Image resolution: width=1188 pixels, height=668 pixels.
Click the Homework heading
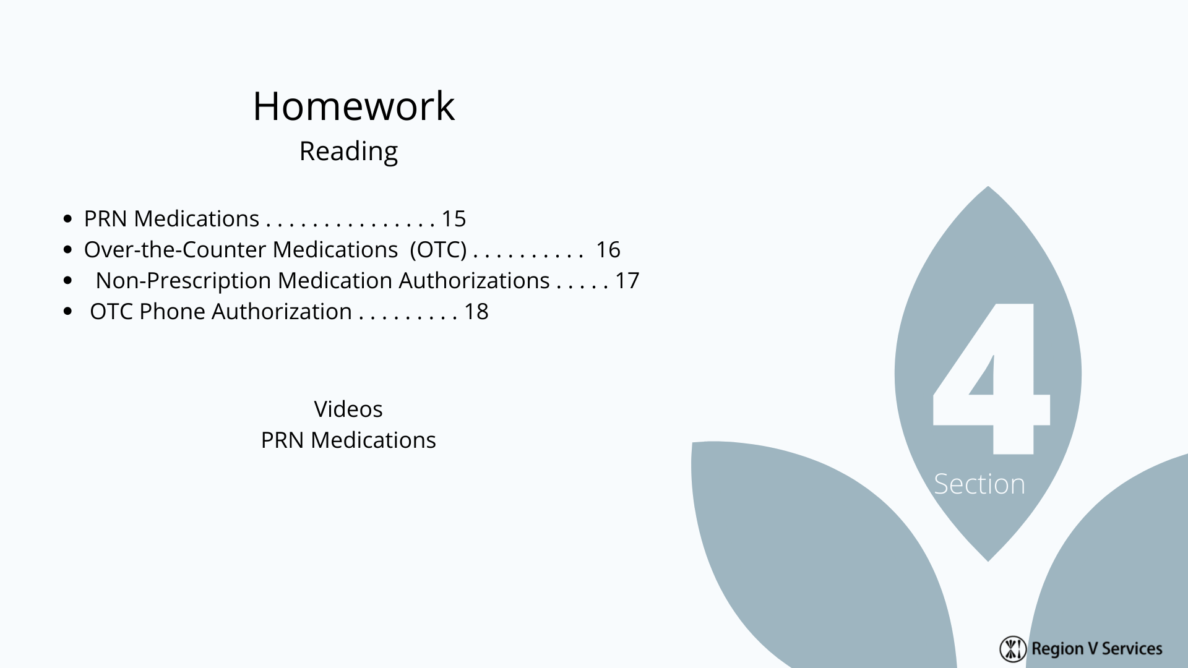[x=353, y=106]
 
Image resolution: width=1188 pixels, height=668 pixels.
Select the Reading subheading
[x=348, y=152]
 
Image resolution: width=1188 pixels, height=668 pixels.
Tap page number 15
[x=454, y=219]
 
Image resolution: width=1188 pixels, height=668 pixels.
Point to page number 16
[x=608, y=250]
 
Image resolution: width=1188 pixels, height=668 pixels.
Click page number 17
[x=627, y=281]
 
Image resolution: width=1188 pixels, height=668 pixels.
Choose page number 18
[x=476, y=312]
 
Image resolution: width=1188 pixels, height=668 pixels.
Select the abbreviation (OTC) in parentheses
[x=438, y=250]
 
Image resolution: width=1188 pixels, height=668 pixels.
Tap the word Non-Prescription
[x=183, y=281]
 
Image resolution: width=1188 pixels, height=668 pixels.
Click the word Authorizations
[x=474, y=281]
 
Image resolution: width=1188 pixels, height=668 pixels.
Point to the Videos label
[x=348, y=409]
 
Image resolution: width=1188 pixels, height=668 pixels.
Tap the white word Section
[x=979, y=484]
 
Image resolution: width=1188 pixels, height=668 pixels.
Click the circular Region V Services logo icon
[x=1013, y=648]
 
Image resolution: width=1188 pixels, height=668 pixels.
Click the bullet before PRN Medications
[x=68, y=219]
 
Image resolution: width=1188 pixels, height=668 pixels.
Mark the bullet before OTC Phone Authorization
[x=68, y=312]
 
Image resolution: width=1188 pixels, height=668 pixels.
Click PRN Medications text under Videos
[x=348, y=440]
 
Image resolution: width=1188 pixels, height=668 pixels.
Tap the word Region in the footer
[x=1057, y=649]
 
